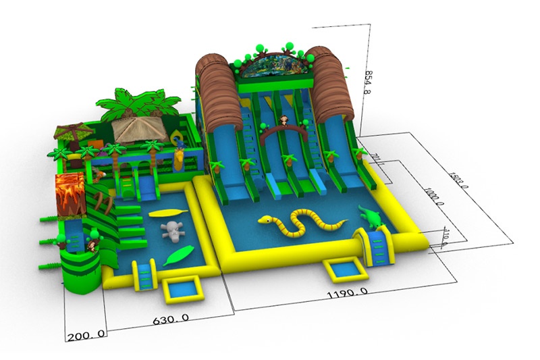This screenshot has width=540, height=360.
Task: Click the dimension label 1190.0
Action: click(347, 292)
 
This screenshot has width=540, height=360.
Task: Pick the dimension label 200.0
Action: click(86, 334)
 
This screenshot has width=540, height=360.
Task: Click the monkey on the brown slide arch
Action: click(284, 122)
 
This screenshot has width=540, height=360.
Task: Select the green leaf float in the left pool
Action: click(177, 256)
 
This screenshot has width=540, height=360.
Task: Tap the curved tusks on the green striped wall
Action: click(101, 203)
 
